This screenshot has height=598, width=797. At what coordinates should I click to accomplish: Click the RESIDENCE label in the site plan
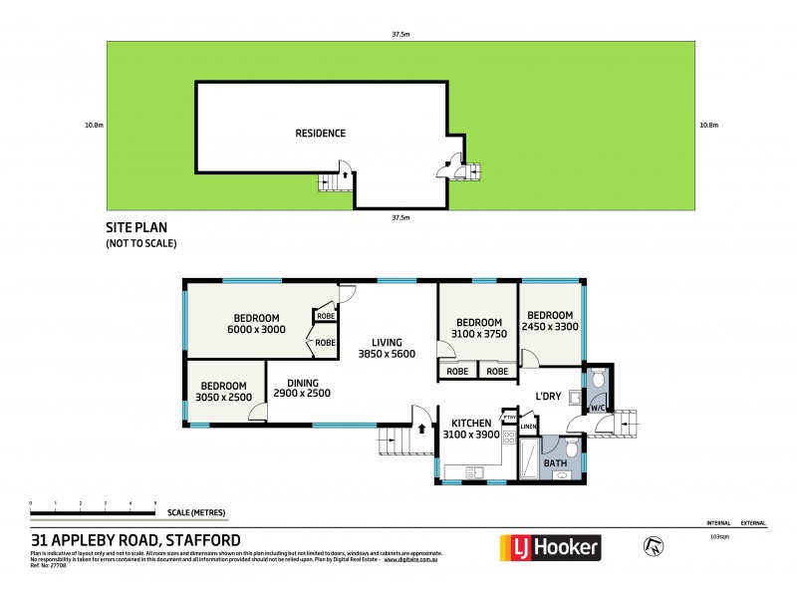320,133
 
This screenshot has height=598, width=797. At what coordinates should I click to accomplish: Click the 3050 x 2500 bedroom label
223,392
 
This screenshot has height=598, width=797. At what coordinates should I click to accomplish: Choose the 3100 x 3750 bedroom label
478,328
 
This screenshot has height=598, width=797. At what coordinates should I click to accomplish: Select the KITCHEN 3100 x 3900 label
471,429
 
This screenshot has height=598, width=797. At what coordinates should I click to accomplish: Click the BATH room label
554,463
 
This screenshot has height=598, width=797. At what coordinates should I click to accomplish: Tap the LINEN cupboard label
528,429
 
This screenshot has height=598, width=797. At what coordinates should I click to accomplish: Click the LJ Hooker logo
549,546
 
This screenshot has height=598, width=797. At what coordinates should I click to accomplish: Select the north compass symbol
654,545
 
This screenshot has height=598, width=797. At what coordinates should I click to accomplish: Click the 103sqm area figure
718,536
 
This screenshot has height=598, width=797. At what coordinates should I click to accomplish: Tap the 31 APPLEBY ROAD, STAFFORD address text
135,540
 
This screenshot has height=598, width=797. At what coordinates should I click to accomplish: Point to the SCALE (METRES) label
195,513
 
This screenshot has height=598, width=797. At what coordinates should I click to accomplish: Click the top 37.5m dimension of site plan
400,34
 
